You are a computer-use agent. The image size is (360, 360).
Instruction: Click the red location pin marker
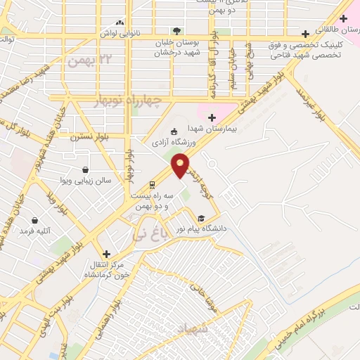point(181,165)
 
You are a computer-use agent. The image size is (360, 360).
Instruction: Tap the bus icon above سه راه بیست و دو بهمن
point(152,186)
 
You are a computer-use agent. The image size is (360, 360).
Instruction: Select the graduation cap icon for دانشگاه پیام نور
point(202,219)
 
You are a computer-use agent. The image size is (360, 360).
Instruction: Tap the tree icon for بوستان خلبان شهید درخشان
point(176,30)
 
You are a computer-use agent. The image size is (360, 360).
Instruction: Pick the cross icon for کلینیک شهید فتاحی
point(305,34)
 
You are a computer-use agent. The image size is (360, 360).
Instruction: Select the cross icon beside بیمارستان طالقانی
point(342,18)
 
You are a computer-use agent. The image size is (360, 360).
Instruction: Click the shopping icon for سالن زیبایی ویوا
point(85,169)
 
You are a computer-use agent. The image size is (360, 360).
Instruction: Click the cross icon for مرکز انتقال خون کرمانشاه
point(106,254)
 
